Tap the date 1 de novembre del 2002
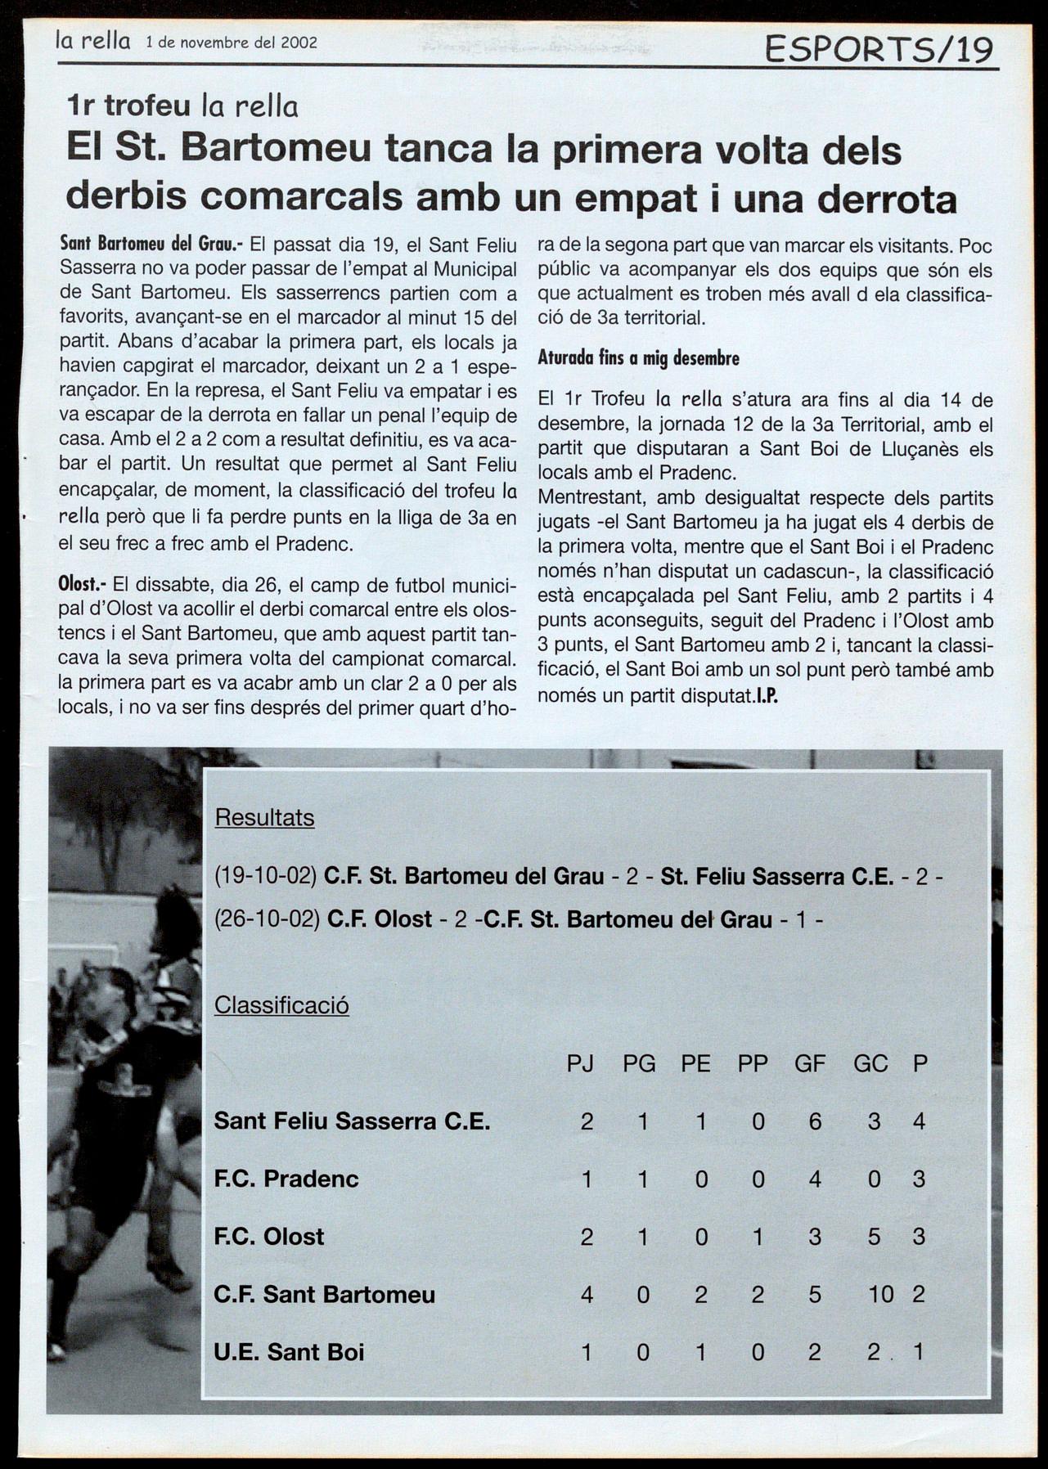[232, 43]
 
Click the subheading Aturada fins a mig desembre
[638, 358]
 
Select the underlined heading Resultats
[264, 817]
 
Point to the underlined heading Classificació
[281, 1004]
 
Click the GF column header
[810, 1063]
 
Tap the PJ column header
[580, 1063]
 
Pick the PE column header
[695, 1063]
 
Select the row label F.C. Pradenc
[286, 1179]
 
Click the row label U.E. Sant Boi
[289, 1352]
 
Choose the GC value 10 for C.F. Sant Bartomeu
[880, 1294]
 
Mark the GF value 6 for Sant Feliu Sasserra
[814, 1121]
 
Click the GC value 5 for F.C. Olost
[874, 1237]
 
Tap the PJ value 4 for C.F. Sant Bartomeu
[586, 1294]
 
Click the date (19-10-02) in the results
[265, 877]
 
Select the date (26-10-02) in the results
[267, 919]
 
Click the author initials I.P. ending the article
[766, 697]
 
